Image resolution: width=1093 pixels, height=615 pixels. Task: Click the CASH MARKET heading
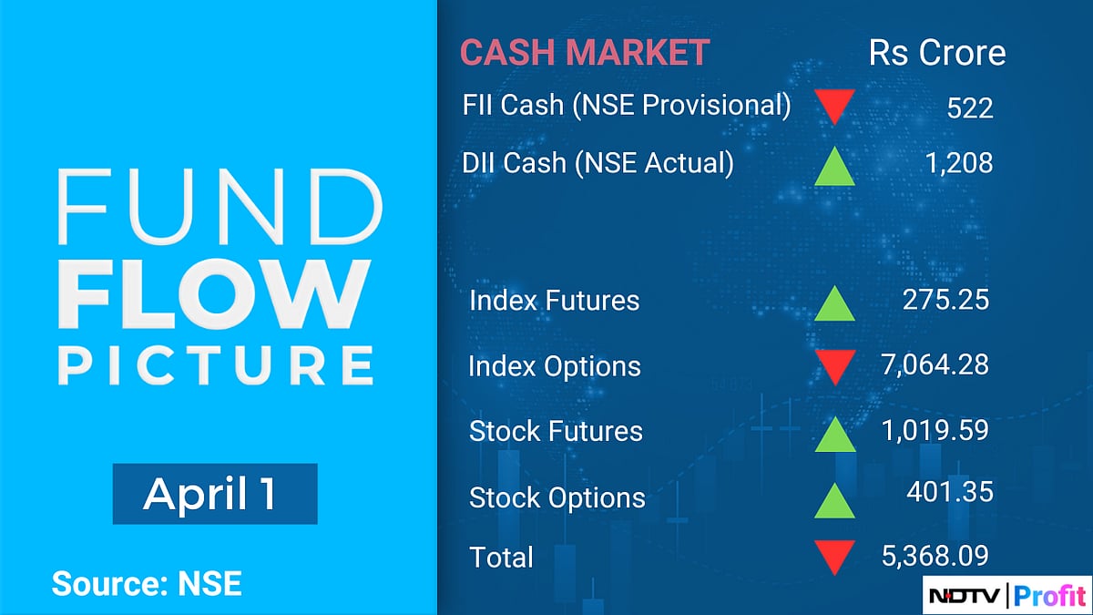[x=584, y=52]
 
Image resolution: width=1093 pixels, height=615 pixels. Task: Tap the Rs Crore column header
[x=937, y=52]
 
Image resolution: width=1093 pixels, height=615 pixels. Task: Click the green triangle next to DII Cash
[x=834, y=166]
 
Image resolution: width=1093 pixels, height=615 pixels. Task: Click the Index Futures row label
[x=554, y=300]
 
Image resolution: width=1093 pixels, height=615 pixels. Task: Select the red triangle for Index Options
[x=834, y=366]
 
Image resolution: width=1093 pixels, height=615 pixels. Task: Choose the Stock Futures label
[x=556, y=431]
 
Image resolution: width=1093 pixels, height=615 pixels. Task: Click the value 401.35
[x=949, y=493]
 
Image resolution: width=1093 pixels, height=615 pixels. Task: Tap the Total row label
[x=501, y=557]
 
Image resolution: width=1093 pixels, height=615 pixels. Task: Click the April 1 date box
[x=215, y=494]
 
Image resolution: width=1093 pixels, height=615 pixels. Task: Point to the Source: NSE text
[x=147, y=583]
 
